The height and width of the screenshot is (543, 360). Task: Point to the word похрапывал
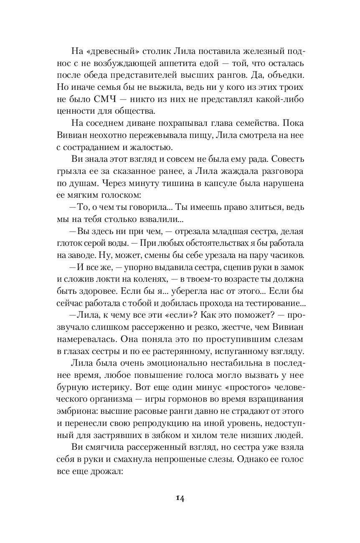pos(175,124)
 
